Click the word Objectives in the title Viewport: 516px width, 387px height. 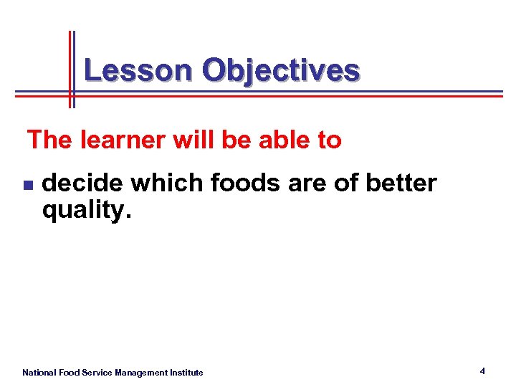[x=281, y=70]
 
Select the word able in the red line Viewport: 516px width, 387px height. [x=281, y=140]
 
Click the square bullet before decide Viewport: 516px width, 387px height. [x=27, y=185]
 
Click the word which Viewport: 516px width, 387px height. [x=166, y=183]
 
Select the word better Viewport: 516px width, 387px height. [x=401, y=183]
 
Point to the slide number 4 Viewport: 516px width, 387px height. [x=482, y=371]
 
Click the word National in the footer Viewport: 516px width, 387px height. [x=39, y=373]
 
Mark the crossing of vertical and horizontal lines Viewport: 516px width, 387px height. [x=71, y=93]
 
